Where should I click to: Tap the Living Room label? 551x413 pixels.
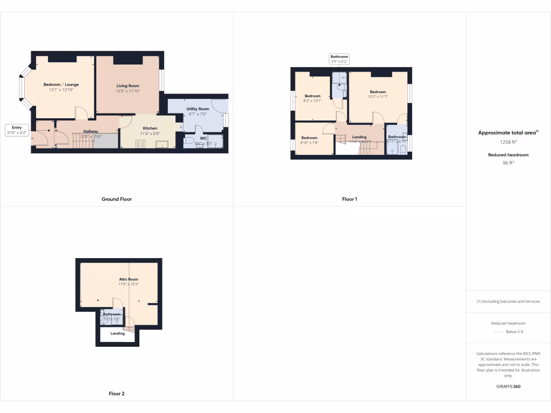(128, 86)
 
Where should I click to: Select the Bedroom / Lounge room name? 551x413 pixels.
(61, 84)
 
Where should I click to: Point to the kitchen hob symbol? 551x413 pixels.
(141, 144)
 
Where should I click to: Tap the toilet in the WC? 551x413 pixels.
(188, 141)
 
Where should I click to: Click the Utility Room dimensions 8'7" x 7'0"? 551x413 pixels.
(197, 114)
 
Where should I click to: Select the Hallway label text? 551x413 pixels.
(90, 131)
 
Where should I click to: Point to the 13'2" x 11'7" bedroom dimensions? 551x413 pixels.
(378, 97)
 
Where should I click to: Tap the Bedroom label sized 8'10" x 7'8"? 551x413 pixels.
(309, 138)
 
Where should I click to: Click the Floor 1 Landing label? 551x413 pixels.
(359, 137)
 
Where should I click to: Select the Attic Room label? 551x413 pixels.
(129, 280)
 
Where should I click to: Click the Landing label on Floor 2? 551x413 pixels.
(117, 333)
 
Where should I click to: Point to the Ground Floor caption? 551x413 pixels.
(117, 199)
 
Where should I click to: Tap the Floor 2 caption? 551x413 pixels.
(116, 394)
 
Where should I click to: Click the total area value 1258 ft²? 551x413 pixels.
(508, 143)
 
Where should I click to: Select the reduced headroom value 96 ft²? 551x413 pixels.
(508, 162)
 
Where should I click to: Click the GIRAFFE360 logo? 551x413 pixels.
(508, 386)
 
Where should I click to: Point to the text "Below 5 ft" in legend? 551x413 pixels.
(514, 332)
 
